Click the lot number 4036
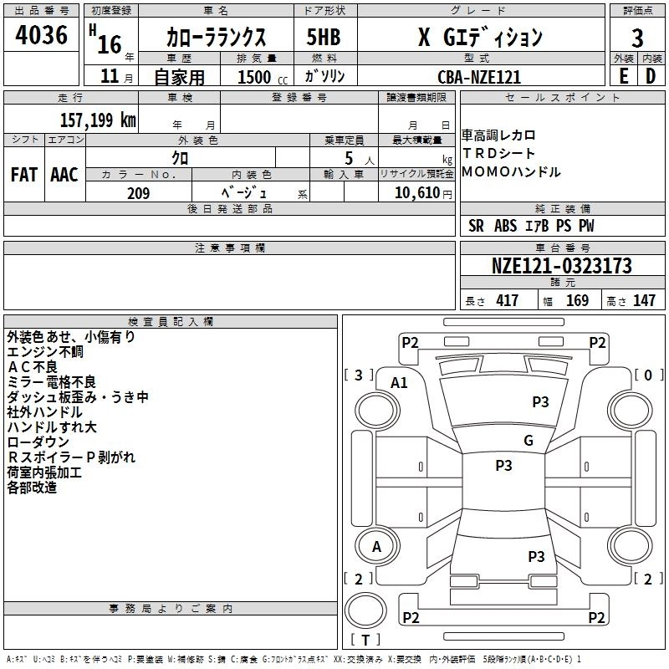41,36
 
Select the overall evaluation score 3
637,38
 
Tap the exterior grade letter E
623,75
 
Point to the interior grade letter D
651,75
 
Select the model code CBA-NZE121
479,76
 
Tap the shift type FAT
23,175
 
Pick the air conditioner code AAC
64,175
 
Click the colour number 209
138,193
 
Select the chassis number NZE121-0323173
561,267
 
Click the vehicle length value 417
507,301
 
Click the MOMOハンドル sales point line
511,172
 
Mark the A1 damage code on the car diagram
400,382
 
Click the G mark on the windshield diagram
528,441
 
